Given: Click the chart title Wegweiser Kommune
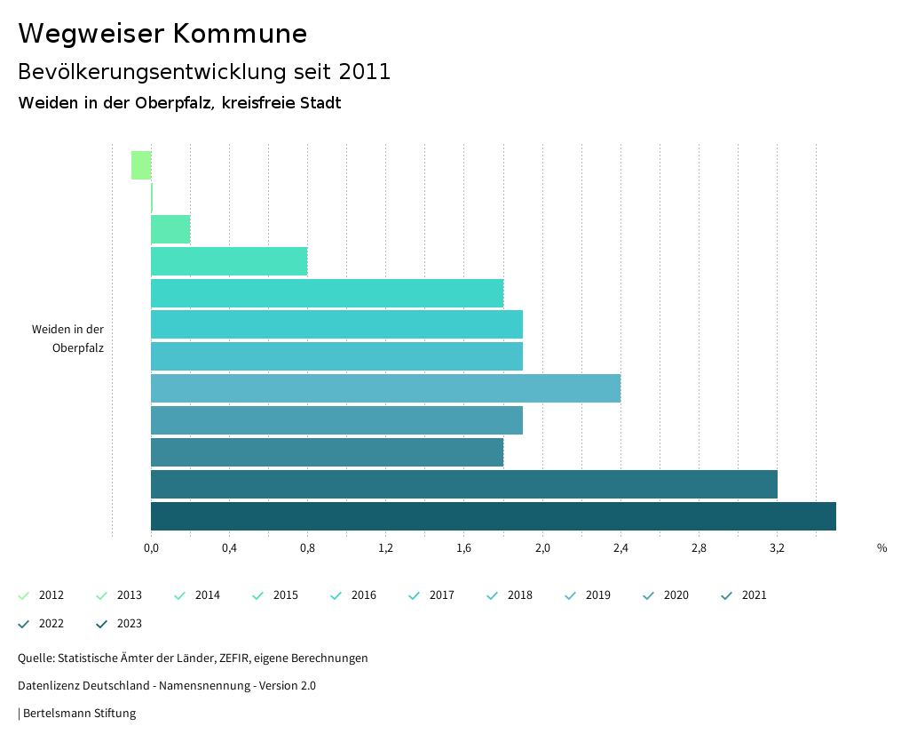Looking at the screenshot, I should [162, 34].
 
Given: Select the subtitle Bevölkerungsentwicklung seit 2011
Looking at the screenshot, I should [204, 72].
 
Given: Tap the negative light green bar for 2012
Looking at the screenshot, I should [141, 165].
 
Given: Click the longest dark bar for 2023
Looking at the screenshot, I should [493, 516].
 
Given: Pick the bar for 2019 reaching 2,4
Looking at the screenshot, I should [385, 388].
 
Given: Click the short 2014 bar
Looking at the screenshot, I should [170, 229].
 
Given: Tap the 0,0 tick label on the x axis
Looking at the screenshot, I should [151, 548].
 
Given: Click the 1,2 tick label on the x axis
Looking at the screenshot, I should [385, 548].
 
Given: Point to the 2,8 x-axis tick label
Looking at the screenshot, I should [699, 548].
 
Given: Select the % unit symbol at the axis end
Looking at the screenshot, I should [881, 548].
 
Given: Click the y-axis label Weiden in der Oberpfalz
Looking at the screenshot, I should [68, 339].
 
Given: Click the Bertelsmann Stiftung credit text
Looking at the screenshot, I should [79, 714].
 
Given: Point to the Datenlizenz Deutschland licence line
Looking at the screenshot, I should [167, 686].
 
